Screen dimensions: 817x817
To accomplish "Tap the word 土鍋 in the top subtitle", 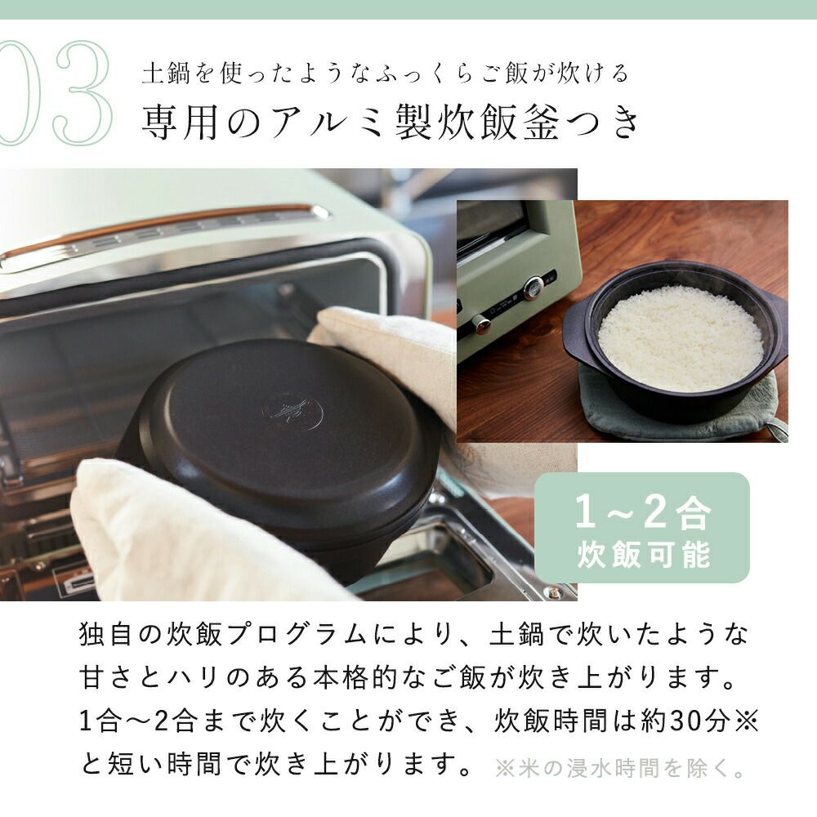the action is tap(166, 73).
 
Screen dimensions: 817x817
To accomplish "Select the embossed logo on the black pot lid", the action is tap(292, 411).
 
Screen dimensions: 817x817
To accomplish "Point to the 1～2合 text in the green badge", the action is tap(642, 511).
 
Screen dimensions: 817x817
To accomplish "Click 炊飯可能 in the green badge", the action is tap(643, 554).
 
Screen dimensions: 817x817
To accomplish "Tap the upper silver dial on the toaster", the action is tap(534, 287).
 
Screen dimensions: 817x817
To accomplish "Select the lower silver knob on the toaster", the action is tap(480, 323).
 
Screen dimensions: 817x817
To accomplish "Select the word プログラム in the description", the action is tap(297, 635).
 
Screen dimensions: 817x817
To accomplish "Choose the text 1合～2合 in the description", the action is tap(138, 721).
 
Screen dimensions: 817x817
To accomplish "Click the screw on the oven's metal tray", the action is tap(553, 592).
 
